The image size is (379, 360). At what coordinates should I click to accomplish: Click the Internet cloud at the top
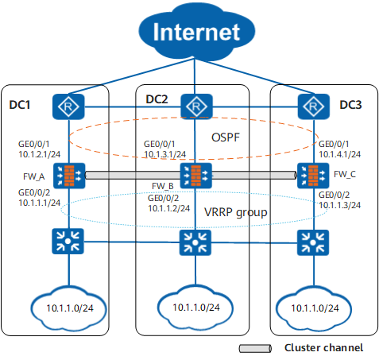(x=196, y=31)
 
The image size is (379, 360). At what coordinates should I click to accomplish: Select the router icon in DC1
(x=68, y=106)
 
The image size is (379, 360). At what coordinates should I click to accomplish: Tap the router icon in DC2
(x=196, y=106)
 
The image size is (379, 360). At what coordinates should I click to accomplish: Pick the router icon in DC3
(x=314, y=106)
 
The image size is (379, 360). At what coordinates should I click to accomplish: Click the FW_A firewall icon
(x=69, y=176)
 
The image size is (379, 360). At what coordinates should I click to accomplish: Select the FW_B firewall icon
(x=195, y=176)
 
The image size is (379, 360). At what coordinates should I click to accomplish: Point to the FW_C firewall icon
(x=313, y=176)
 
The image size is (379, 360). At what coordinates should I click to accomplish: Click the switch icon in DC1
(x=68, y=242)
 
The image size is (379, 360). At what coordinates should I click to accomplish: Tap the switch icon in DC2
(x=195, y=242)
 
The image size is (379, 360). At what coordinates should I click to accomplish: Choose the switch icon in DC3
(x=313, y=242)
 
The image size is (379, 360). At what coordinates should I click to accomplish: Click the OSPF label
(x=226, y=137)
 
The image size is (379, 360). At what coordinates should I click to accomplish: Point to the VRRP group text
(x=236, y=212)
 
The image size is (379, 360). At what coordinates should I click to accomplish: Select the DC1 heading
(x=20, y=105)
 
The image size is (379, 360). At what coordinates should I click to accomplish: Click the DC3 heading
(x=350, y=105)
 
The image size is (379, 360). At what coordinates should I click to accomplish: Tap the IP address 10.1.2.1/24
(x=40, y=154)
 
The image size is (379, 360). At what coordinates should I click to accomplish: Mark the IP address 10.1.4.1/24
(x=339, y=154)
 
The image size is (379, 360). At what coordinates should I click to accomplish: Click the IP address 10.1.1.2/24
(x=169, y=208)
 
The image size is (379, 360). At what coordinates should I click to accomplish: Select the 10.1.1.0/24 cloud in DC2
(x=195, y=307)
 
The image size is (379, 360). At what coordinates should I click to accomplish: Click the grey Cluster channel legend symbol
(x=255, y=348)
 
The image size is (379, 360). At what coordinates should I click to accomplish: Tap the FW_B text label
(x=163, y=186)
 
